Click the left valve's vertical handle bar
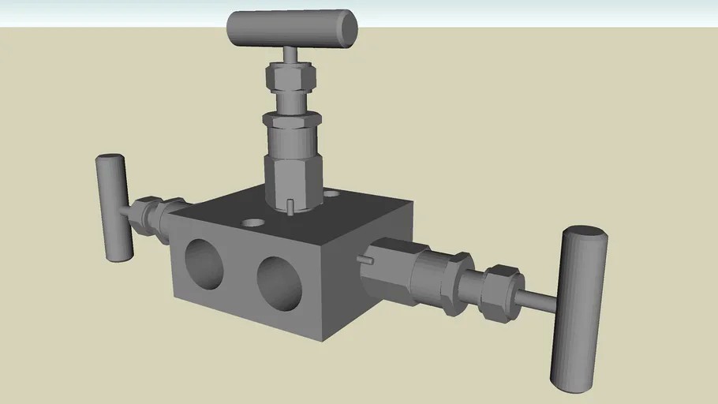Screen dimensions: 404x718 pos(114,208)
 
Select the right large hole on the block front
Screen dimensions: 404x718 pos(279,282)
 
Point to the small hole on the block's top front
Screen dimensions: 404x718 pos(252,223)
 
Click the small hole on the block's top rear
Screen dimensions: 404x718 pos(331,193)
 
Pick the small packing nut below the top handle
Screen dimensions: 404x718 pos(290,77)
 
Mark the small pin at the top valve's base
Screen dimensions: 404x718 pos(291,207)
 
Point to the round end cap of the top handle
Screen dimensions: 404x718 pos(346,27)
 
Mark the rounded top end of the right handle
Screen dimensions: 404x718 pos(585,234)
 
